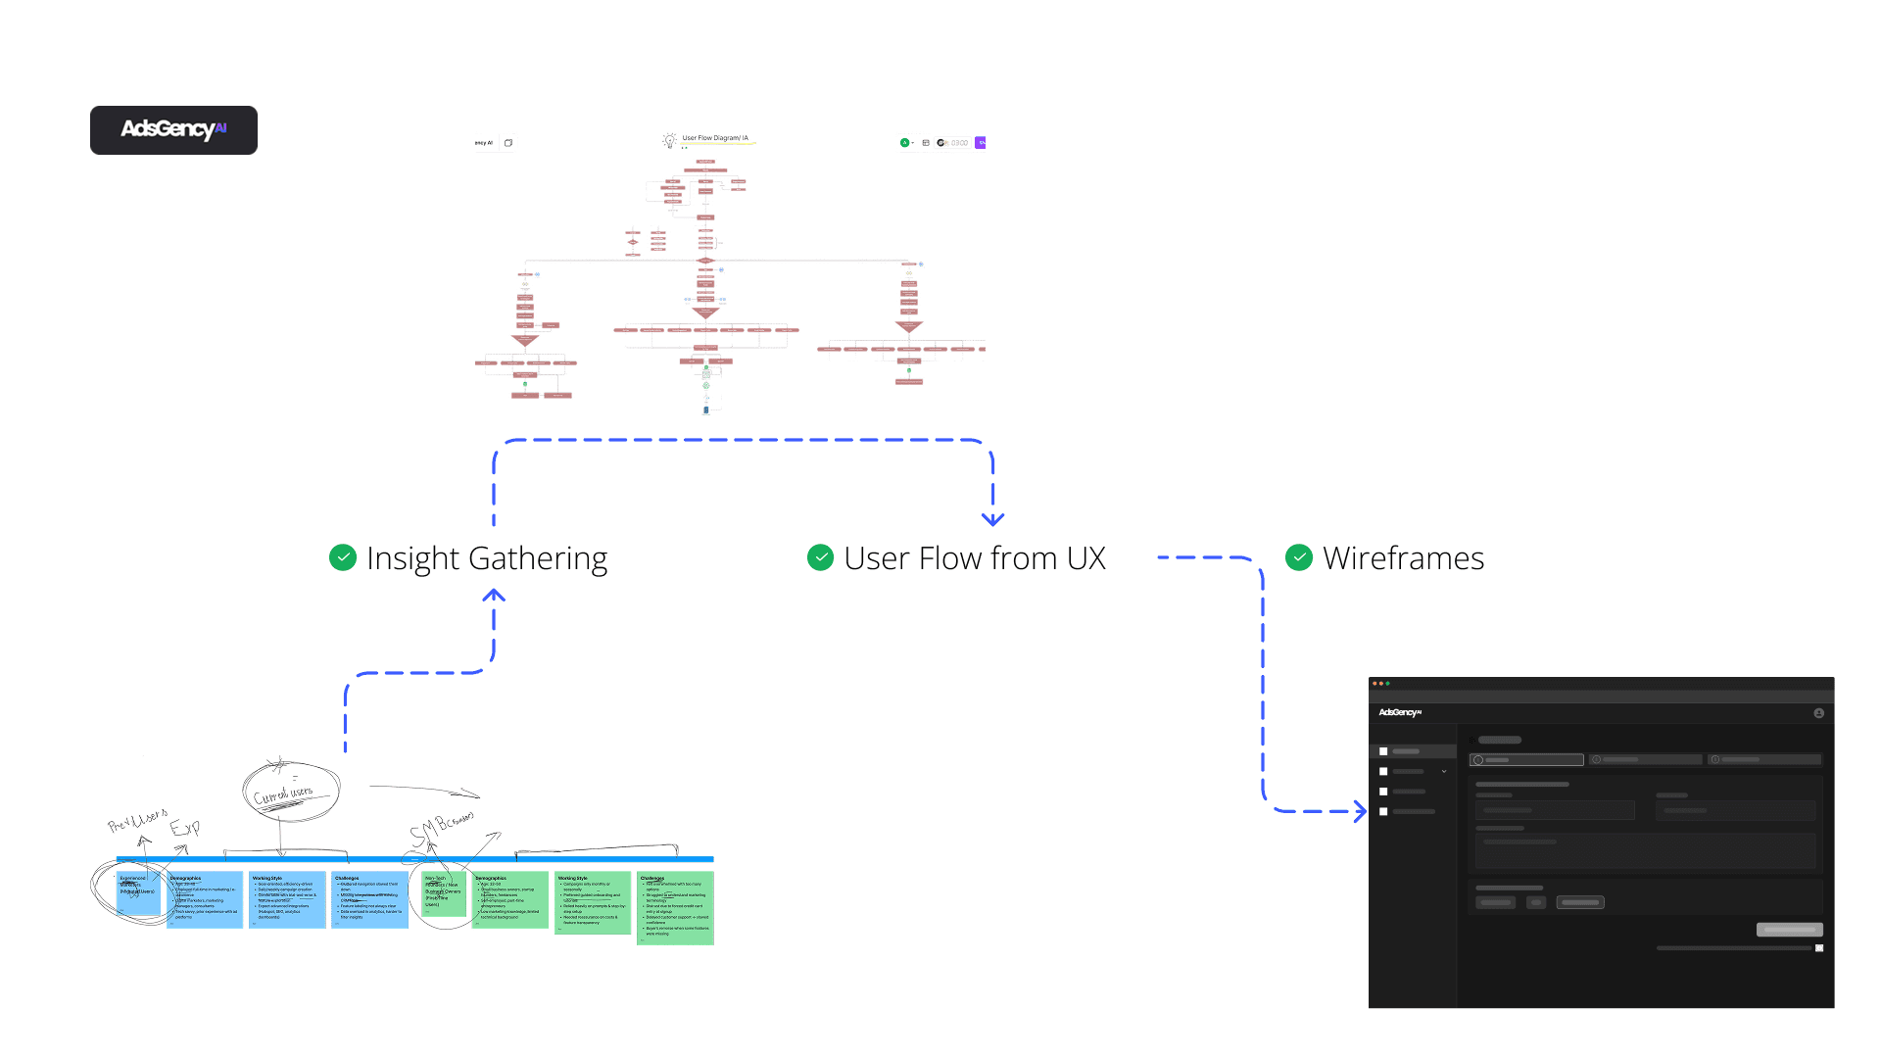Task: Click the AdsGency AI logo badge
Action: tap(173, 130)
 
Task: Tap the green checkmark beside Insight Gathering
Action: tap(343, 557)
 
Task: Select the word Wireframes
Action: tap(1403, 558)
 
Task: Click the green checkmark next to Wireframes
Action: tap(1299, 557)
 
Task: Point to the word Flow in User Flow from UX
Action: tap(950, 558)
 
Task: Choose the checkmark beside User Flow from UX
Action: tap(820, 557)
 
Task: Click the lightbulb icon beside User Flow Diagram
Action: tap(670, 140)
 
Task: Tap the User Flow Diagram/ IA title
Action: tap(715, 138)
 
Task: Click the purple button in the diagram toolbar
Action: tap(981, 143)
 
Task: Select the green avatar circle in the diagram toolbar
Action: tap(904, 143)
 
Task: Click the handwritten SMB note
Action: tap(440, 829)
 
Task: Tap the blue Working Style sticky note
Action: tap(287, 899)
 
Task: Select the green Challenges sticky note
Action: tap(675, 908)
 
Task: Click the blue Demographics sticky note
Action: tap(205, 899)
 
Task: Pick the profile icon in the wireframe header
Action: tap(1818, 713)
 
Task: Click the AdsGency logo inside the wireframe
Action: tap(1400, 712)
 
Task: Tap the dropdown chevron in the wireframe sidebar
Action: tap(1444, 772)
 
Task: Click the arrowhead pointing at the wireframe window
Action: tap(1361, 811)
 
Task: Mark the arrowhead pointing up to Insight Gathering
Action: tap(494, 595)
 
